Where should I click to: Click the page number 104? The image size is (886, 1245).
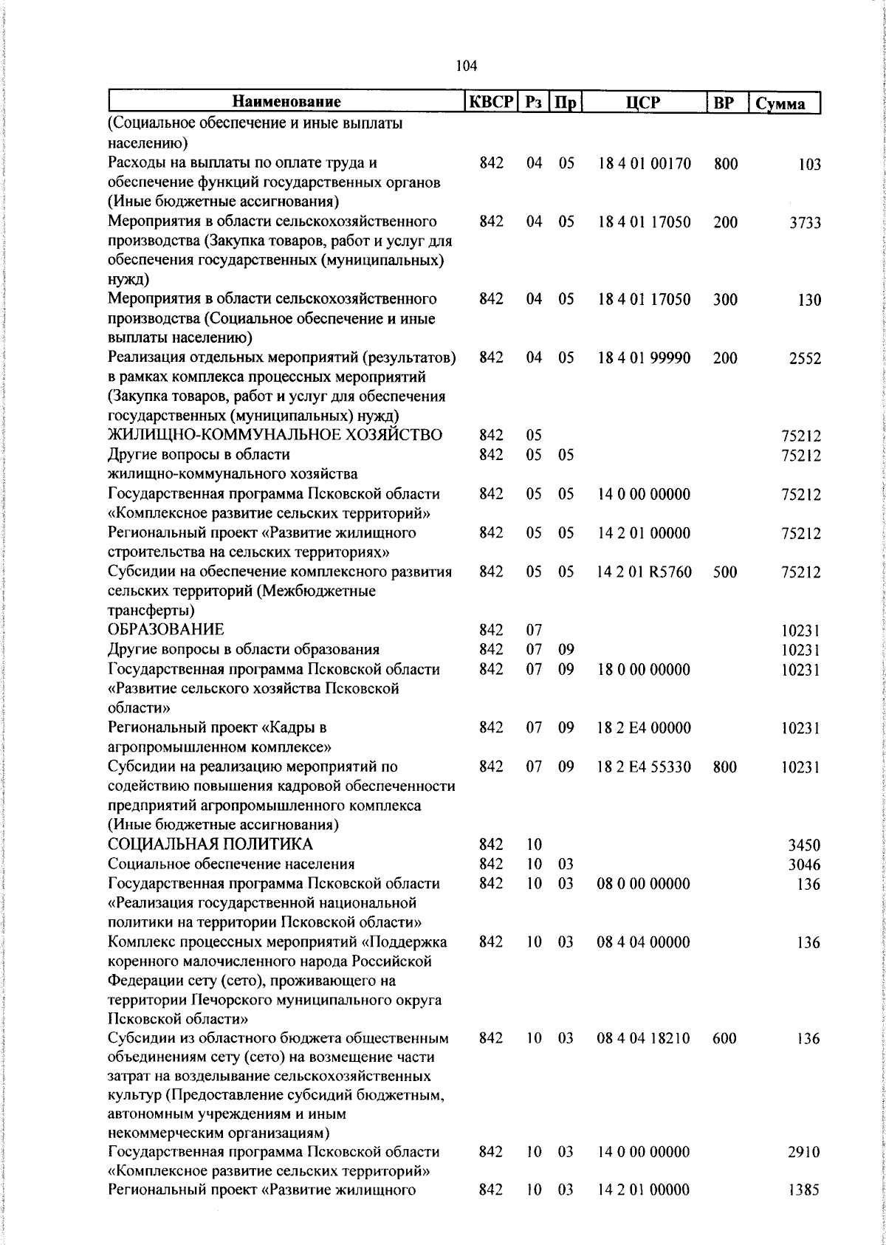coord(467,66)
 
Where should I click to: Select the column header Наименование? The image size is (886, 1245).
coord(287,103)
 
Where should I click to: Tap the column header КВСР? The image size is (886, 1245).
coord(491,103)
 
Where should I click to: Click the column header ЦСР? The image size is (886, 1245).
coord(644,103)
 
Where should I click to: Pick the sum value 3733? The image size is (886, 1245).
coord(805,223)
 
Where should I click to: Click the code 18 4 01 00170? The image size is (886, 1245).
coord(644,164)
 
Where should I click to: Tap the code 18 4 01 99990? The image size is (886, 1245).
coord(644,358)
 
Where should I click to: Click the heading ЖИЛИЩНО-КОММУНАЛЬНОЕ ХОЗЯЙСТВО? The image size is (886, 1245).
coord(275,435)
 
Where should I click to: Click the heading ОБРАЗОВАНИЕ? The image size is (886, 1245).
coord(165,630)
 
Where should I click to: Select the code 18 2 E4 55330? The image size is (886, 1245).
coord(644,767)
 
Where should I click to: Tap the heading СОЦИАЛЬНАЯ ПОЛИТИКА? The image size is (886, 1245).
coord(210,845)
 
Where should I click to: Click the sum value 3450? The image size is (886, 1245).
coord(805,846)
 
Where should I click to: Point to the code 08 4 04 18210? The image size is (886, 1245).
coord(644,1039)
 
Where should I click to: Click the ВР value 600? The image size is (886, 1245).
coord(725,1039)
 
